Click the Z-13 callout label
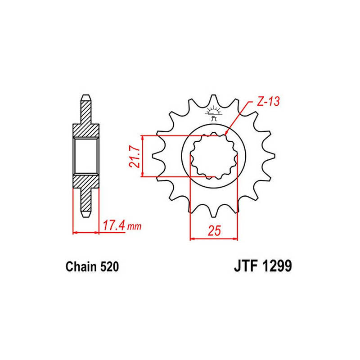(x=268, y=102)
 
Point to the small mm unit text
(x=135, y=227)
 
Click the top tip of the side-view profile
(x=85, y=98)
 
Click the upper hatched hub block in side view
(x=85, y=130)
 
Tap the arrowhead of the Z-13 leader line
(x=226, y=132)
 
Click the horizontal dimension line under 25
(x=214, y=238)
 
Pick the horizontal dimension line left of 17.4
(x=85, y=232)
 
